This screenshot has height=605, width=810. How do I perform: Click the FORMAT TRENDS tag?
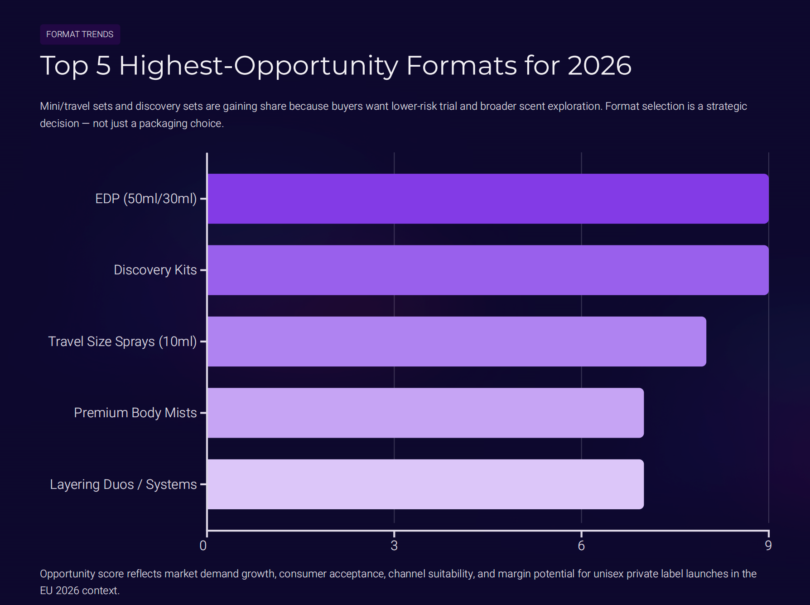[80, 34]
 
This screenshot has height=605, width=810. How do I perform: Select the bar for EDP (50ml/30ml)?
[487, 199]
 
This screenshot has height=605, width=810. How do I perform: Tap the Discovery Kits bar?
[487, 270]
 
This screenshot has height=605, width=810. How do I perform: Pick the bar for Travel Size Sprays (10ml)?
[457, 342]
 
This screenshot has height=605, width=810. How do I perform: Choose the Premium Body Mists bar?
[425, 413]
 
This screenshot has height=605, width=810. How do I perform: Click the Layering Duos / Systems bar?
[425, 484]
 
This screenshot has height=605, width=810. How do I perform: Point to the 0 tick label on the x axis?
[203, 546]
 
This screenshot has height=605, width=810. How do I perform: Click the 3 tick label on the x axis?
[394, 546]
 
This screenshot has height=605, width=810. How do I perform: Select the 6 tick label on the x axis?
[581, 546]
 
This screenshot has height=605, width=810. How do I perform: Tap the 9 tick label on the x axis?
[768, 546]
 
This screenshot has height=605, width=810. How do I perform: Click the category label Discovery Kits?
[155, 270]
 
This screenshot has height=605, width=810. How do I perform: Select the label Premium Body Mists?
[135, 413]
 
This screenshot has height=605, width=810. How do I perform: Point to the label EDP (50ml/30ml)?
[146, 199]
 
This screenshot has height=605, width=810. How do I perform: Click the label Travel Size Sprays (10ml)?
[122, 342]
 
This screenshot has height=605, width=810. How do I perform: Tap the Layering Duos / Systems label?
[123, 484]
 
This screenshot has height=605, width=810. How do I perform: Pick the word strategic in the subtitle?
[726, 107]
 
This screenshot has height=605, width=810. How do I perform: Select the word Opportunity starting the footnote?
[67, 574]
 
